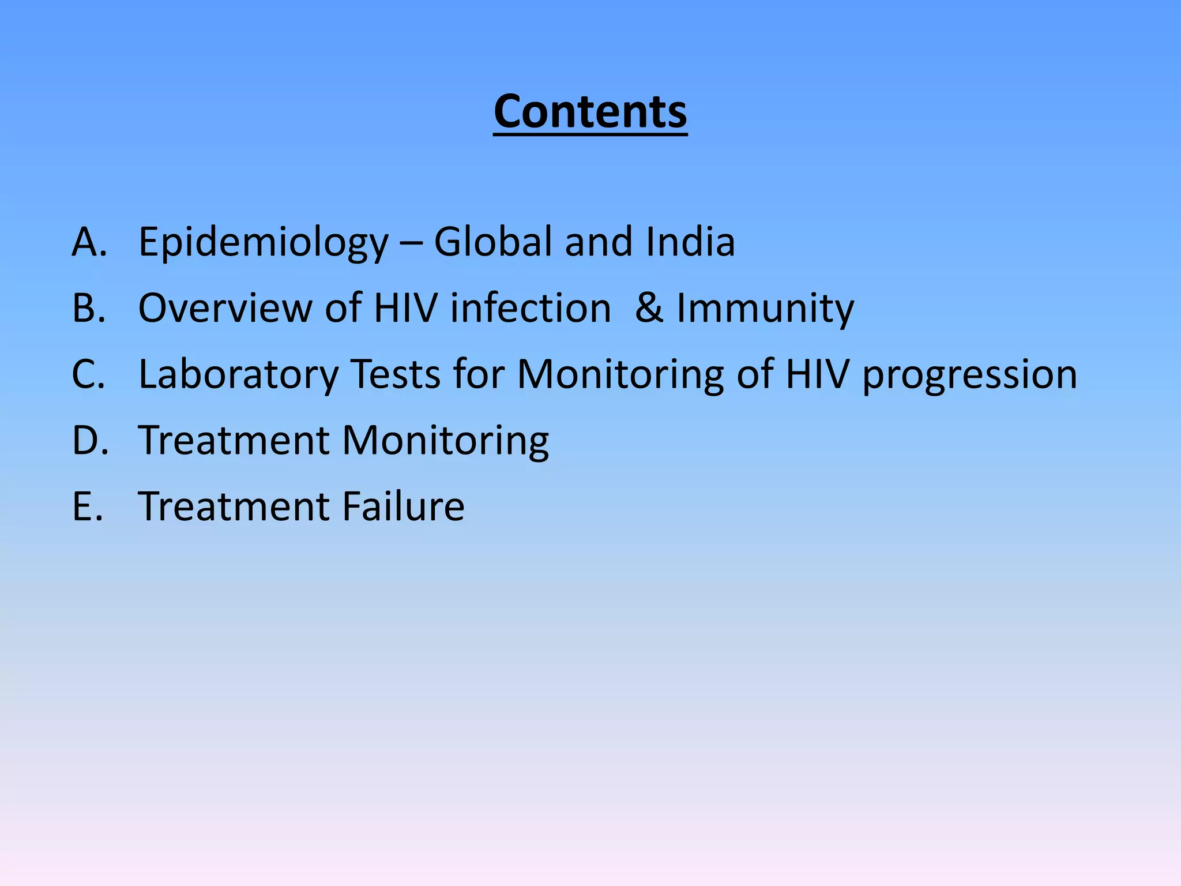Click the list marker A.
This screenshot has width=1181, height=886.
point(89,242)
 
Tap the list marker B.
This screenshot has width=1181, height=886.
point(89,308)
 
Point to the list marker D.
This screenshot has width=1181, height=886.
point(90,441)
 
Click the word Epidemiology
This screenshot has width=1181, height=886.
point(264,243)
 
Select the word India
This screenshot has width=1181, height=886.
point(690,242)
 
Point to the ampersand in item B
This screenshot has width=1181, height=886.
point(649,308)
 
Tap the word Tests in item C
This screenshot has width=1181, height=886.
point(396,374)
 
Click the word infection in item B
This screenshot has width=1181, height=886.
point(531,308)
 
